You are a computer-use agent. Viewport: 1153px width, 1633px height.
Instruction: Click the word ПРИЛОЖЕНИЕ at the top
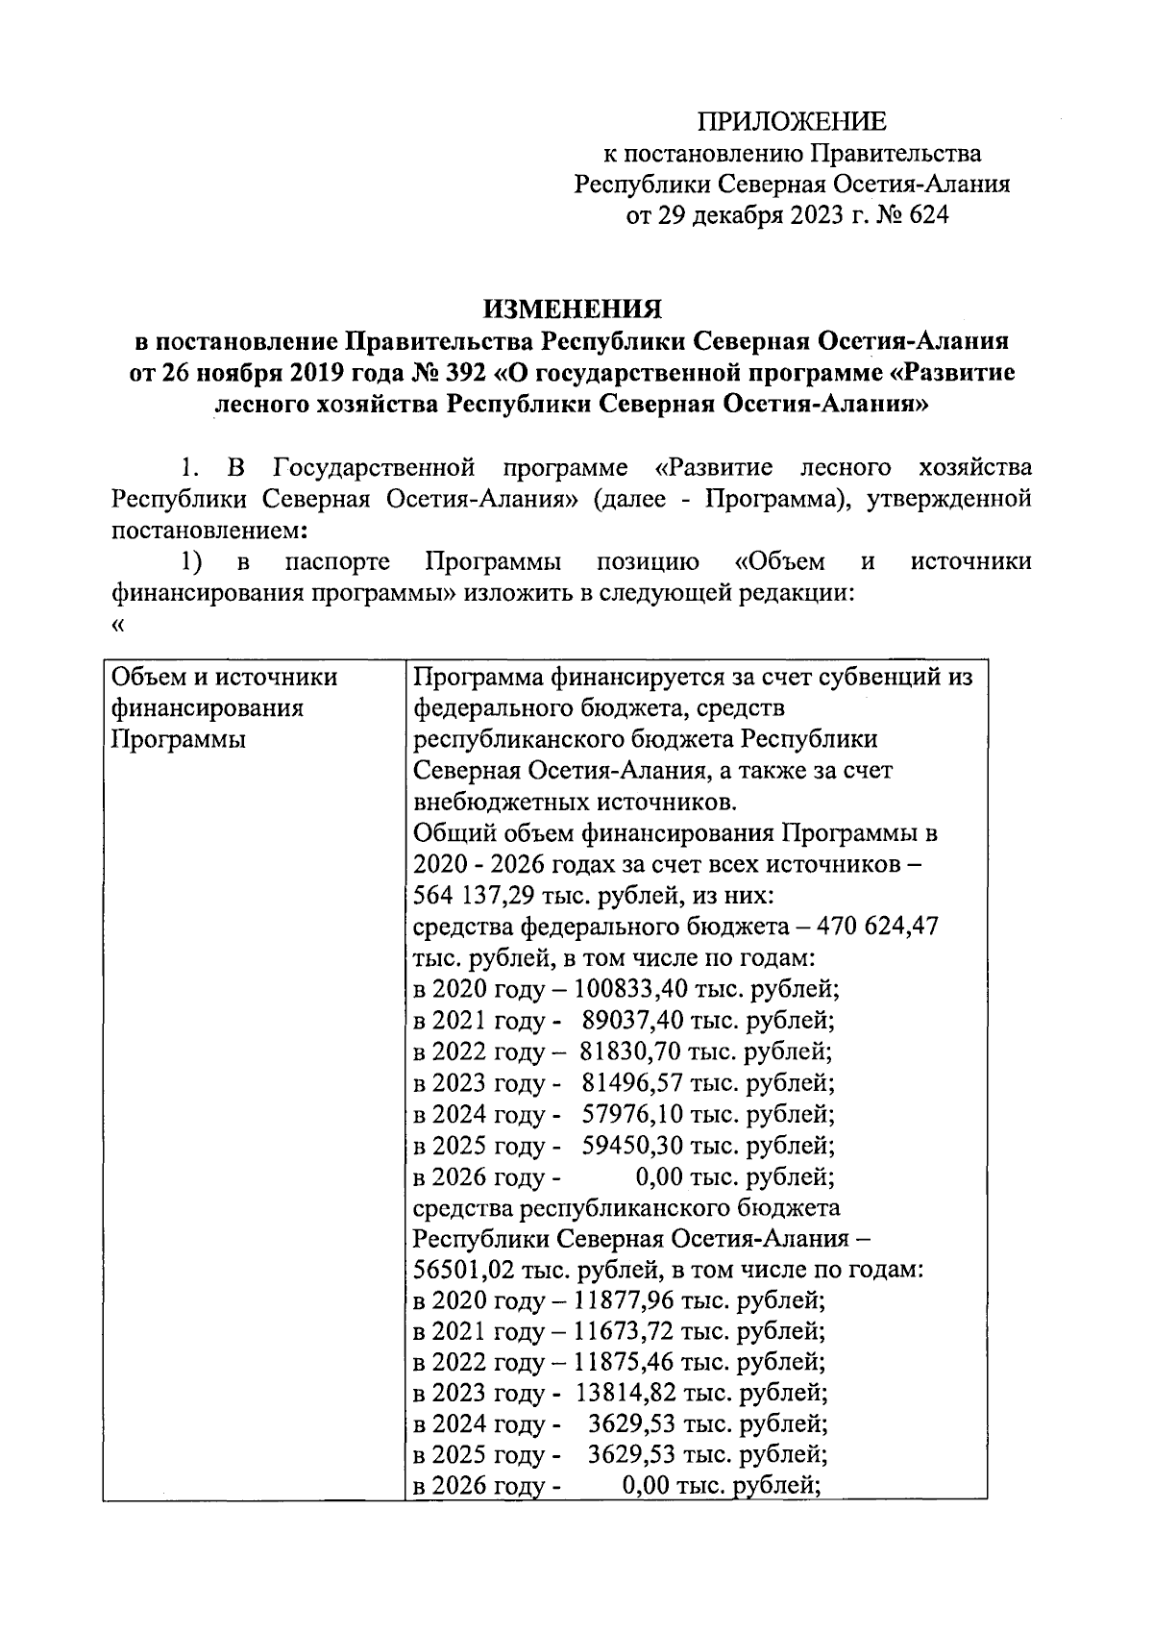pyautogui.click(x=791, y=121)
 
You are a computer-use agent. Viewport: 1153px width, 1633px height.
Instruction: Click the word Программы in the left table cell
pyautogui.click(x=179, y=740)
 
